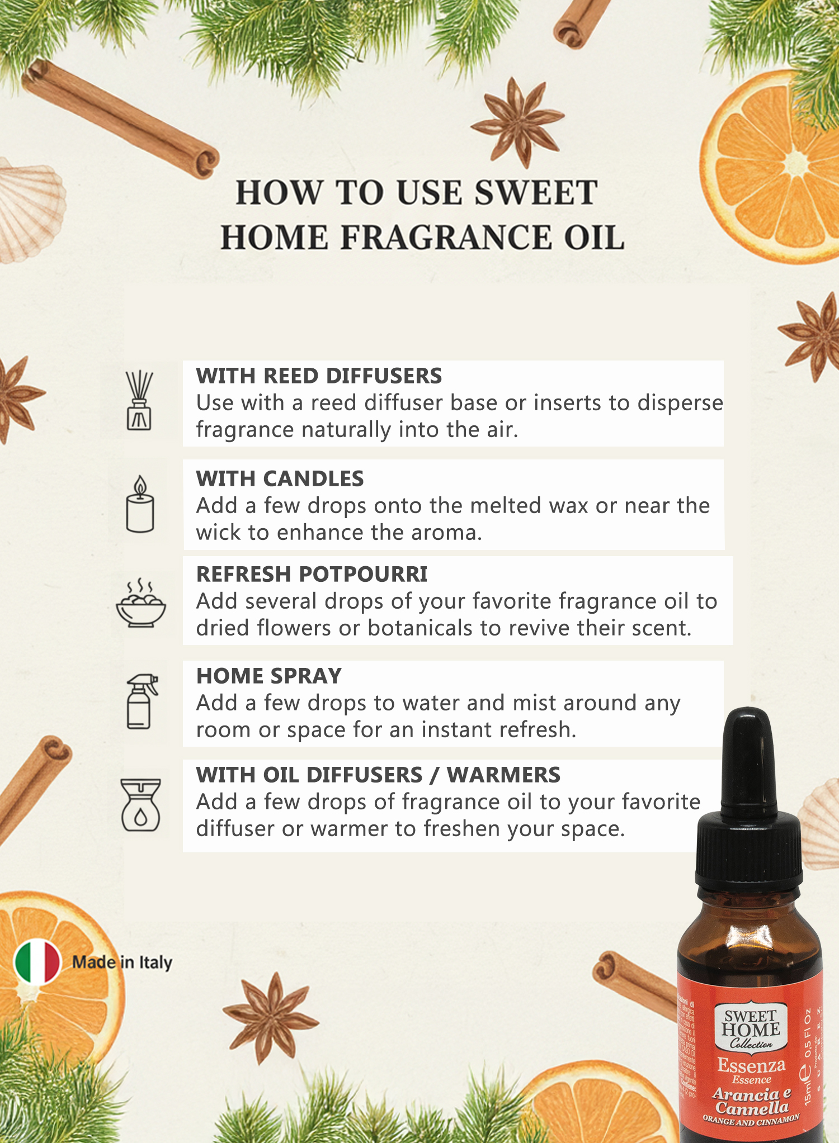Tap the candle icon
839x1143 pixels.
click(140, 504)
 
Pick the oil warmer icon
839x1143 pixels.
click(141, 805)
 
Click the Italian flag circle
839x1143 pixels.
click(37, 962)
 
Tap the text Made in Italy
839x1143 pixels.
click(122, 962)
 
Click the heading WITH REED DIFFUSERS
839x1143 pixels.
click(319, 376)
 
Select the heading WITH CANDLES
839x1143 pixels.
click(280, 479)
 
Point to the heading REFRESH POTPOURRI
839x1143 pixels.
click(312, 575)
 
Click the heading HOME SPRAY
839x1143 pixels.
click(268, 676)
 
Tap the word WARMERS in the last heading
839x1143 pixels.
click(503, 775)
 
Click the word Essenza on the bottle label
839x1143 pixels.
click(751, 1065)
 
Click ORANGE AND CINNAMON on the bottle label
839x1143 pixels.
click(751, 1120)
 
